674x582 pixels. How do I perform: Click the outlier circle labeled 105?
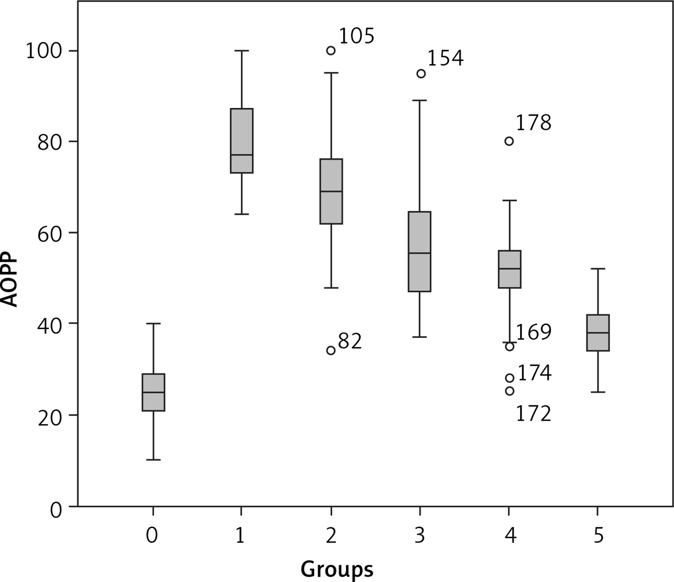tap(331, 50)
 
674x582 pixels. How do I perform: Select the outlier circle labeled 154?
tap(421, 74)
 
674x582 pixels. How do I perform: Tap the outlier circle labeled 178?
tap(509, 141)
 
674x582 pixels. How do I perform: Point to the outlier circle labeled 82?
tap(331, 351)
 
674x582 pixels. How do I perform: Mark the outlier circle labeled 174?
tap(509, 378)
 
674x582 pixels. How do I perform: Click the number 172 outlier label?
tap(534, 414)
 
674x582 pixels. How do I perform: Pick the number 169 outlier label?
tap(534, 332)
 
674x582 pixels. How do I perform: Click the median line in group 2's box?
tap(331, 191)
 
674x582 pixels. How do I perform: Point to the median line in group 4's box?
tap(509, 268)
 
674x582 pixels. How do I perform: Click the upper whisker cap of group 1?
tap(241, 51)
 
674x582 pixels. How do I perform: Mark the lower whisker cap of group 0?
tap(153, 460)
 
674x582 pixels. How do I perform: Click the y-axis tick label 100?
tap(43, 51)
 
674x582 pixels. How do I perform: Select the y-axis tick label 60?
tap(49, 233)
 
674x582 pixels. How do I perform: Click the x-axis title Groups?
tap(337, 569)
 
